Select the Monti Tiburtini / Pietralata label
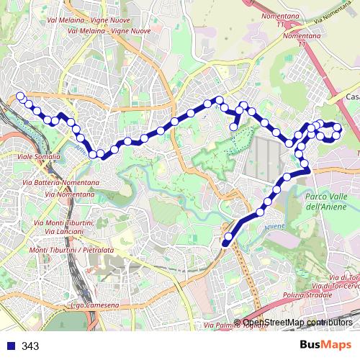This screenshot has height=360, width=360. (66, 250)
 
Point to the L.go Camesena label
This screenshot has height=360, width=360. (95, 306)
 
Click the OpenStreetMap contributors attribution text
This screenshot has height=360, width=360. (298, 323)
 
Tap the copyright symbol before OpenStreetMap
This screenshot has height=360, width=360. (238, 323)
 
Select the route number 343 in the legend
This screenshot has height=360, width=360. (30, 346)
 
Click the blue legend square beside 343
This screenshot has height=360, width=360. (10, 346)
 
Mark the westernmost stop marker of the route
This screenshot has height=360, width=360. (20, 96)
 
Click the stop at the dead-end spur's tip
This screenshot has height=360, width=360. (234, 127)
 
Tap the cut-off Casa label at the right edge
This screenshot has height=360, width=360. (353, 97)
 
